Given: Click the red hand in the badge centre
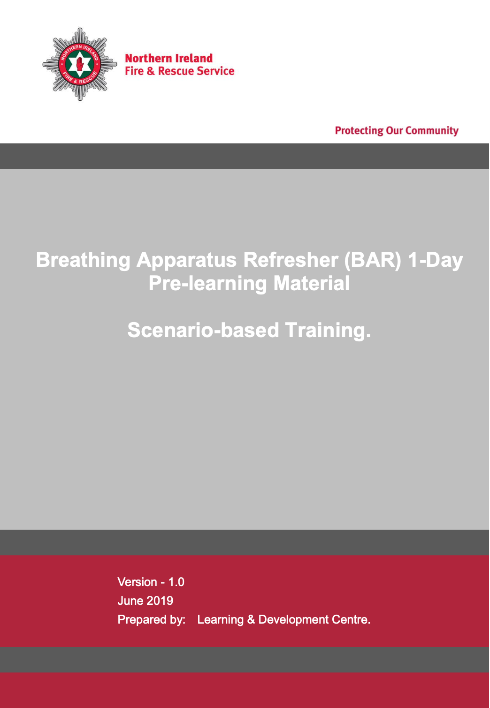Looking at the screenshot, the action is (x=80, y=64).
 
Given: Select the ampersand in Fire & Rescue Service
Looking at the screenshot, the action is (x=151, y=71).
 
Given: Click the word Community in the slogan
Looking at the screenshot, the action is (x=432, y=130).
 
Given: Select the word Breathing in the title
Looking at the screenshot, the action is (x=83, y=260).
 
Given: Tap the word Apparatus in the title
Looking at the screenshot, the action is (x=186, y=260).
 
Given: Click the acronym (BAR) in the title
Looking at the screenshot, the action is (x=372, y=260).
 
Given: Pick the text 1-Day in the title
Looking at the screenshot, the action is (x=435, y=260).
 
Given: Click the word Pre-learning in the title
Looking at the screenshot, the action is (x=208, y=284).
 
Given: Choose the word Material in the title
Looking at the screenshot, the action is (x=312, y=283).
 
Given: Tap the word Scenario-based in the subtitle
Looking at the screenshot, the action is (x=203, y=330).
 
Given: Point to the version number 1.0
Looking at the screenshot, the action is (x=176, y=582).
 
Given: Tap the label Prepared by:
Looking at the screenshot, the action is (x=152, y=620).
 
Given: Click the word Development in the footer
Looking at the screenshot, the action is (x=293, y=619).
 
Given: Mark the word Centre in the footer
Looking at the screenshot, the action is (x=351, y=619).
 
